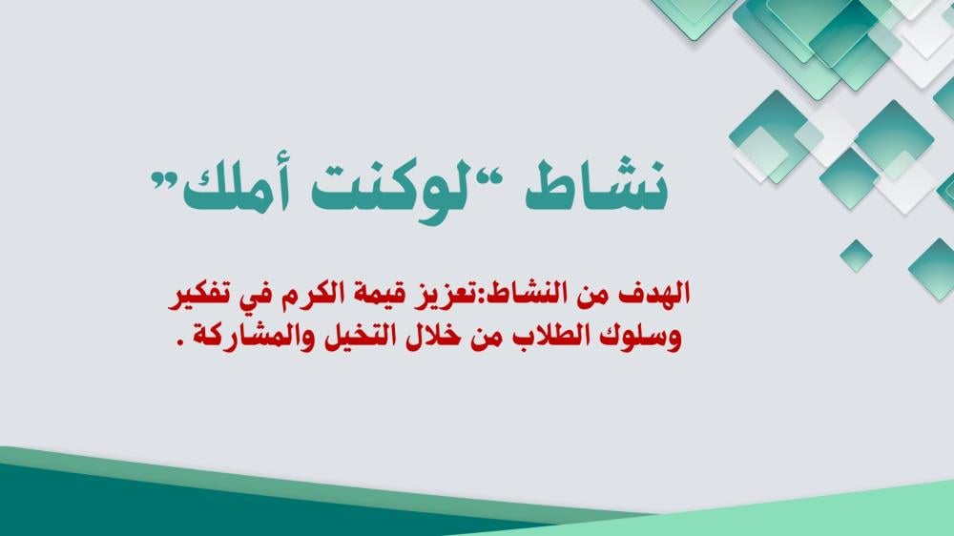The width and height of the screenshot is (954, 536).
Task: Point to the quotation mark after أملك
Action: [162, 180]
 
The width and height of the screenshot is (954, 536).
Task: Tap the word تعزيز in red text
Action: [467, 294]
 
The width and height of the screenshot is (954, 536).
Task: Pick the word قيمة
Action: [398, 296]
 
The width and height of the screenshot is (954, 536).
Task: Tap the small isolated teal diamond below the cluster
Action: [856, 256]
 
